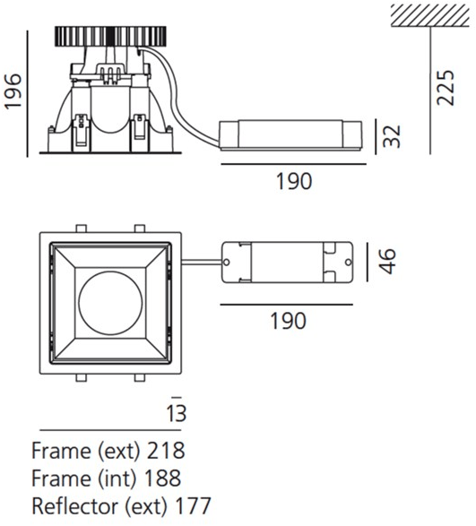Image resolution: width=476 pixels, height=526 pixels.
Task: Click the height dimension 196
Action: click(x=13, y=91)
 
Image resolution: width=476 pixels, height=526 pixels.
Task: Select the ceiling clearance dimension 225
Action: click(x=445, y=88)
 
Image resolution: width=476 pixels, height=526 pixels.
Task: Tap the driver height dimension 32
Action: click(x=392, y=136)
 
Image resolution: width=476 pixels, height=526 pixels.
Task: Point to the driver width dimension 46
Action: click(x=387, y=262)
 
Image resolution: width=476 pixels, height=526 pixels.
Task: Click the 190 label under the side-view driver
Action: click(x=294, y=181)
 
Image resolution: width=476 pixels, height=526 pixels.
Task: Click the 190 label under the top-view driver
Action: click(x=289, y=321)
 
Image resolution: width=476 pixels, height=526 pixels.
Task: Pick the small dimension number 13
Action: click(x=177, y=413)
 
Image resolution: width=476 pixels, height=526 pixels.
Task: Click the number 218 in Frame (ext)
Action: click(x=166, y=450)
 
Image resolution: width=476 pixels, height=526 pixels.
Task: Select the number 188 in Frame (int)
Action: click(x=162, y=478)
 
